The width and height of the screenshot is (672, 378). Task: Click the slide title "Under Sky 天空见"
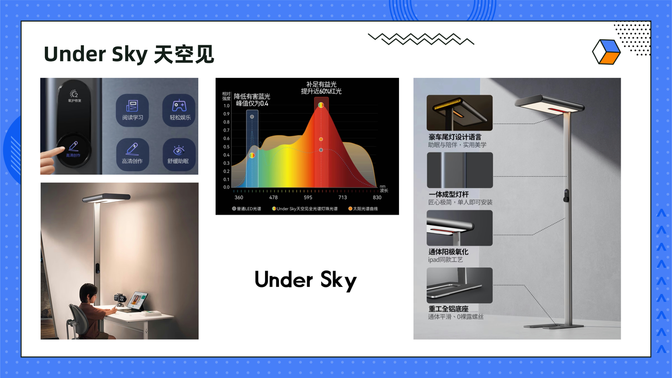(129, 55)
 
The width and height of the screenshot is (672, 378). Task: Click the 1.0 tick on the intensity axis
(226, 106)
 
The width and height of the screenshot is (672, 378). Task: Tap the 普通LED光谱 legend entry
(249, 209)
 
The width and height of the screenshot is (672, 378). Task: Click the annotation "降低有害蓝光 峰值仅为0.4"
(252, 99)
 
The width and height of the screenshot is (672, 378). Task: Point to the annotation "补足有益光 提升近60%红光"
(321, 88)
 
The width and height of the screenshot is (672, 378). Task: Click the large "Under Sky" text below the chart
(306, 280)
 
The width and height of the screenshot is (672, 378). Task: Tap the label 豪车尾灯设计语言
(455, 137)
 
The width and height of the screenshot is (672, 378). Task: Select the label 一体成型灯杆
(448, 194)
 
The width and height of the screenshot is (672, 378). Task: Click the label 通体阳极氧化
(448, 252)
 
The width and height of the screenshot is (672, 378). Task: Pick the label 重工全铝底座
(448, 309)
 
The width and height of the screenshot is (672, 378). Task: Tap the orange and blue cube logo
(606, 51)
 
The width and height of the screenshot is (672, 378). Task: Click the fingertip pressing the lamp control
(61, 150)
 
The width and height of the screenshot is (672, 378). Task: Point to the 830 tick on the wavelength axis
(377, 197)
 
